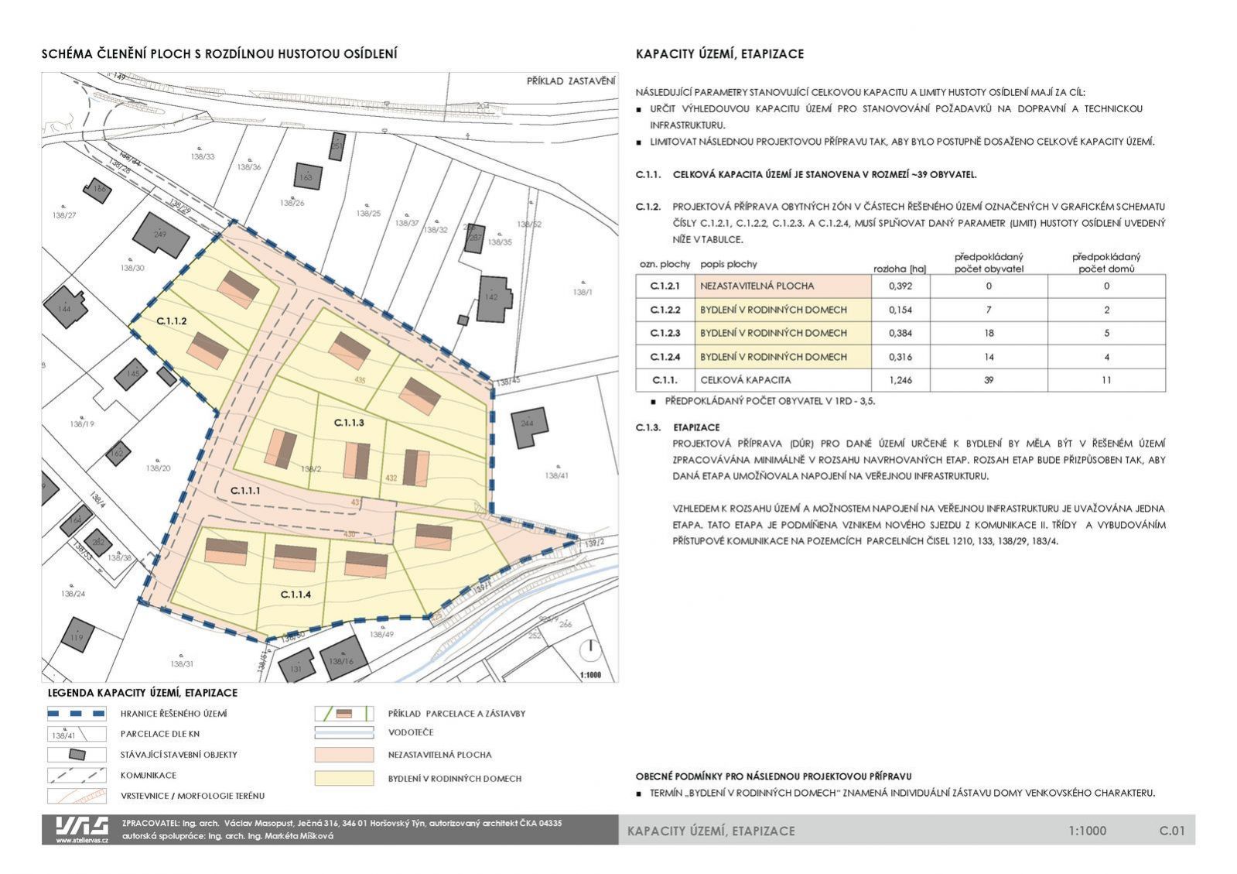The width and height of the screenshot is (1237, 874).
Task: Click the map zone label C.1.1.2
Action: [172, 320]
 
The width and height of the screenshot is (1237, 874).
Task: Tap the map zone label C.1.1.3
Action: [349, 423]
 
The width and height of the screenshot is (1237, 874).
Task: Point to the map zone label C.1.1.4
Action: [296, 595]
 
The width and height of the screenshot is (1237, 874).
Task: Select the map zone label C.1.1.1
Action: [245, 491]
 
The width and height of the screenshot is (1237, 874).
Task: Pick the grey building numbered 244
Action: [528, 425]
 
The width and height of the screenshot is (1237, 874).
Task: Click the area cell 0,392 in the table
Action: [900, 286]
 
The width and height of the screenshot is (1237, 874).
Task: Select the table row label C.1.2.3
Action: [665, 333]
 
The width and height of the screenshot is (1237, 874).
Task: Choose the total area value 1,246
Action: [900, 380]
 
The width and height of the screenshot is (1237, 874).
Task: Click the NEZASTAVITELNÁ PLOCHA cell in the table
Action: [783, 286]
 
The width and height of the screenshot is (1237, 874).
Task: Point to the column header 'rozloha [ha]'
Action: [900, 269]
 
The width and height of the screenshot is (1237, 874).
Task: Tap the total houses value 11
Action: [1106, 380]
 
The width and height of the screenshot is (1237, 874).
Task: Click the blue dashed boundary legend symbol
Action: [77, 714]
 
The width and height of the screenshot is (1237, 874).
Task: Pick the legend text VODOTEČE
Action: [411, 732]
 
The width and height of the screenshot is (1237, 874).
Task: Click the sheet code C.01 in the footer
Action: [1171, 831]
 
